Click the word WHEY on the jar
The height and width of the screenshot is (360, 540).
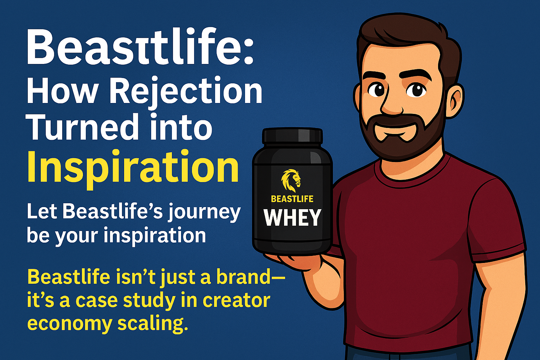click(292, 218)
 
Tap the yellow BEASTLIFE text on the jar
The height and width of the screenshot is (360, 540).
click(292, 199)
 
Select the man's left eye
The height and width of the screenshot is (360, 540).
click(416, 90)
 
